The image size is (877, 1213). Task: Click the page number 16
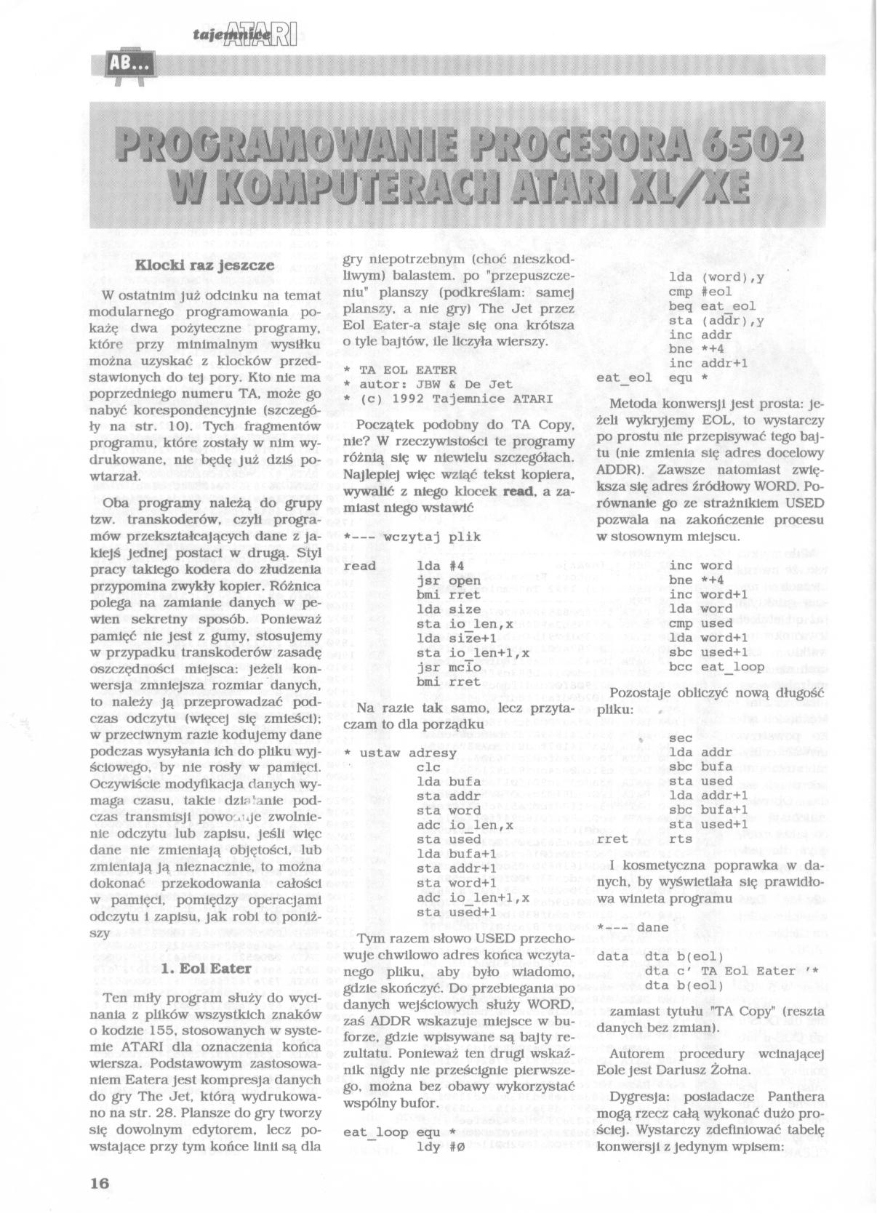[100, 1183]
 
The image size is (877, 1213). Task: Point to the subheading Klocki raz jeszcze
[205, 265]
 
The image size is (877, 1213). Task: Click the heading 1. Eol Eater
[205, 968]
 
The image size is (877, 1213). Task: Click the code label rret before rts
[612, 839]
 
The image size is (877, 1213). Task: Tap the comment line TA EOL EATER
[400, 369]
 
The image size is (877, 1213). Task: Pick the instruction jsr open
[449, 580]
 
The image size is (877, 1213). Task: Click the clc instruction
[429, 767]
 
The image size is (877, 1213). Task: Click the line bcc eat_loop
[716, 666]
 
